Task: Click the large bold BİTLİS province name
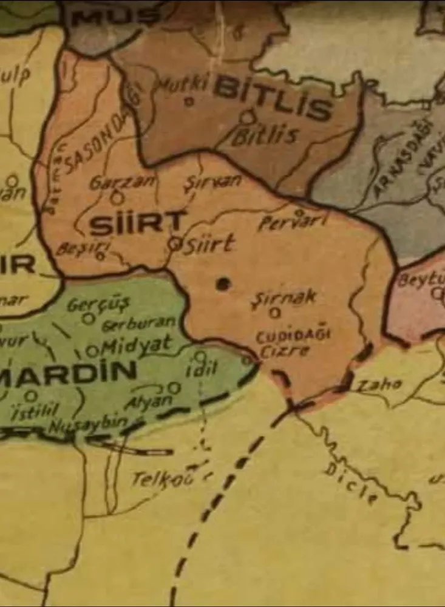tap(273, 98)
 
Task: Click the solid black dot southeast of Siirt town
tap(223, 283)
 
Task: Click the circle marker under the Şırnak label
tap(275, 313)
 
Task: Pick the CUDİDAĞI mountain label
tap(291, 337)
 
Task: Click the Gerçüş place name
tap(98, 304)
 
